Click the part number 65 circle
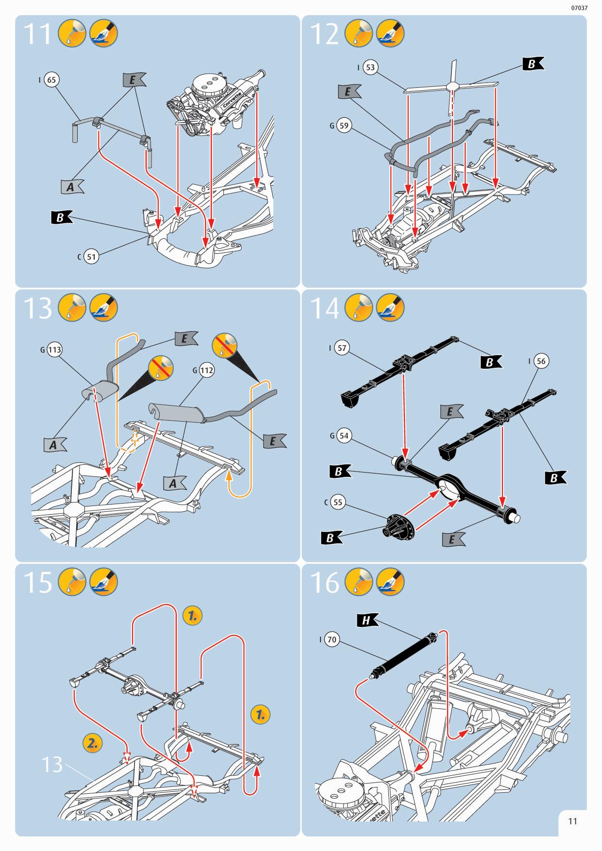[x=51, y=80]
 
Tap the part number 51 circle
[x=91, y=257]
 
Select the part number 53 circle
[x=370, y=67]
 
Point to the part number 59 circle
[x=344, y=126]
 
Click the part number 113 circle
[x=55, y=350]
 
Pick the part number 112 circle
[x=206, y=371]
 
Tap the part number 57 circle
[x=342, y=348]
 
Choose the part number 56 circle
[x=541, y=361]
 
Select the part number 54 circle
[x=344, y=436]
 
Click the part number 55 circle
[x=338, y=502]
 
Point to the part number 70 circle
[x=332, y=640]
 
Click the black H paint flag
[x=368, y=621]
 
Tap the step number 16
[x=325, y=583]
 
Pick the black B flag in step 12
[x=533, y=64]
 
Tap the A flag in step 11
[x=72, y=187]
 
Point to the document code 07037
[x=579, y=8]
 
